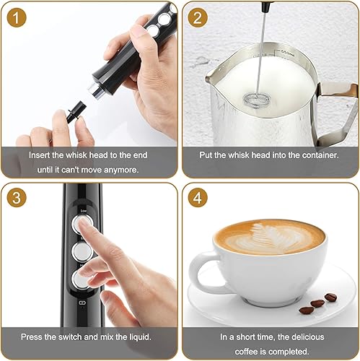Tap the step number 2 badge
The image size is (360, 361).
(x=197, y=17)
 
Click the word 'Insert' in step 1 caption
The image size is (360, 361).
(x=41, y=155)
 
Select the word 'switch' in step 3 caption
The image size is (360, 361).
(x=74, y=336)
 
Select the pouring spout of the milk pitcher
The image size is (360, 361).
(x=214, y=74)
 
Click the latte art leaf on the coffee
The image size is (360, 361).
(x=271, y=238)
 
